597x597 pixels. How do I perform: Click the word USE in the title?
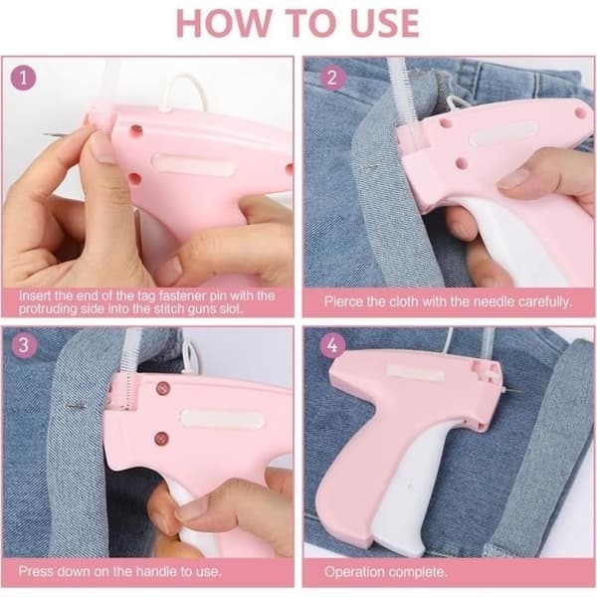[384, 23]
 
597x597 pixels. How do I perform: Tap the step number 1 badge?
[23, 78]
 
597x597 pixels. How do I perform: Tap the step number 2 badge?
[332, 78]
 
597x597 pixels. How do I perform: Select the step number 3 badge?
[23, 345]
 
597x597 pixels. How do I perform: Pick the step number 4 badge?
[332, 345]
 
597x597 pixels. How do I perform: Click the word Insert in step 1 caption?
[35, 296]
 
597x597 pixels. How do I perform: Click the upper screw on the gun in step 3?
[163, 388]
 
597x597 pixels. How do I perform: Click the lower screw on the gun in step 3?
[161, 439]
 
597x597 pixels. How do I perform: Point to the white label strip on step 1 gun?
[193, 164]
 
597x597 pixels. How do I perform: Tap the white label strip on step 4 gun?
[415, 372]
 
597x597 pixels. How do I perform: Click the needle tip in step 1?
[43, 133]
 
